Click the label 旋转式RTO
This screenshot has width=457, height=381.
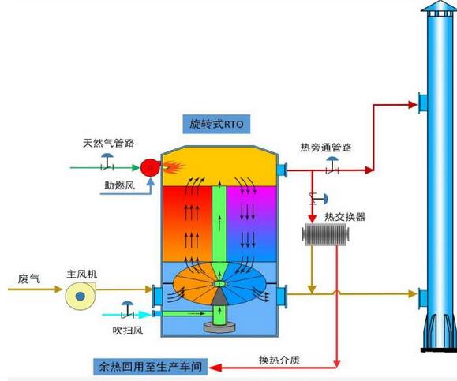pyautogui.click(x=215, y=124)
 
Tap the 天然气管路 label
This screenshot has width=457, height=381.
pyautogui.click(x=108, y=143)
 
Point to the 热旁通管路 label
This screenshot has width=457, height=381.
pyautogui.click(x=326, y=147)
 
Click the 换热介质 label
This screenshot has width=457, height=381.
pyautogui.click(x=278, y=360)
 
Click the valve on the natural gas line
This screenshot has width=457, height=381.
pyautogui.click(x=105, y=163)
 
